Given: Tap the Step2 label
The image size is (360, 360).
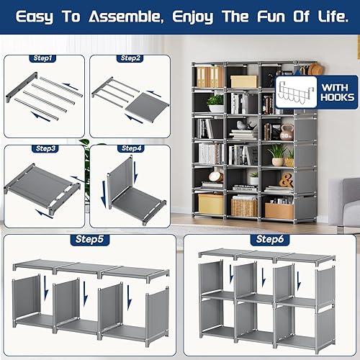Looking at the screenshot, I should (130, 58).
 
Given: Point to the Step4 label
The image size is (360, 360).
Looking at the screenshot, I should (130, 148).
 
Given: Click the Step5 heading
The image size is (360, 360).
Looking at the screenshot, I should (89, 238).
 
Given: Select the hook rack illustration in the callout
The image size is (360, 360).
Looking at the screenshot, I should (297, 91).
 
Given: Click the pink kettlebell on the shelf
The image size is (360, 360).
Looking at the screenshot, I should (286, 132).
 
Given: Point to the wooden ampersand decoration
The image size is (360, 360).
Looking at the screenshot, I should (286, 181).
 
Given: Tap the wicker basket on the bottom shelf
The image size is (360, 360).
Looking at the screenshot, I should (244, 207).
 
